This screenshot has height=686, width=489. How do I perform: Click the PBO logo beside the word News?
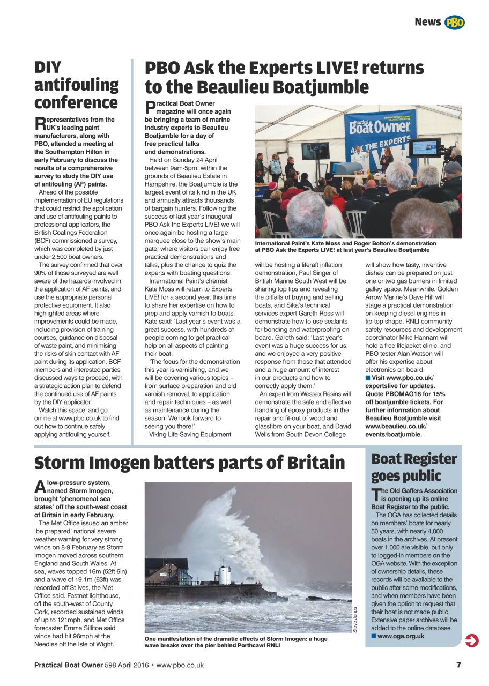coord(454,22)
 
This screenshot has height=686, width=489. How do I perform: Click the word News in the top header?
coord(427,22)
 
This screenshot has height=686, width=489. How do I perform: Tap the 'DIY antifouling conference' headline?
coord(77,85)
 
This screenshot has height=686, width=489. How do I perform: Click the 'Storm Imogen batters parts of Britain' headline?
coord(190,462)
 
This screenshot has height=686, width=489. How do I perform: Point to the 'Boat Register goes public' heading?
coord(414,467)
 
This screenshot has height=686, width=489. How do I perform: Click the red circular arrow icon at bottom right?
coord(472,640)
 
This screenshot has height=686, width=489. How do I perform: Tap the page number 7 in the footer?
coord(458,665)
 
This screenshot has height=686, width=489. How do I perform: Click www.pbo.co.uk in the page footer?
coord(180,665)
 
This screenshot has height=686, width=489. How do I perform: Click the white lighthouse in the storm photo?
coord(225,574)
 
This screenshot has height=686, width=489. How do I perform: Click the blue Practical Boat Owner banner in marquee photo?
coord(380,129)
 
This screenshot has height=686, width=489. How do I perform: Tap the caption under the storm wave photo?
coord(236,642)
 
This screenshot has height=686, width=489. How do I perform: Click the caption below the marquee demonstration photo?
coord(345,247)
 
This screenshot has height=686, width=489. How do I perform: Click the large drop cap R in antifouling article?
coord(40,124)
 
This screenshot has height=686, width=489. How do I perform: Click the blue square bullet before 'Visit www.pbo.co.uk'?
coord(368,378)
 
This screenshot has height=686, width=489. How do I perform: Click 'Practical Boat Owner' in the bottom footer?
coord(69,665)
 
